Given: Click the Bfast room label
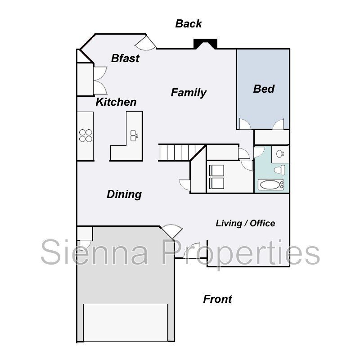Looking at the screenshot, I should (x=125, y=58).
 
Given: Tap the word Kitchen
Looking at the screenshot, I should (x=116, y=102).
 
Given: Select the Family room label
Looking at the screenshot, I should (x=189, y=93).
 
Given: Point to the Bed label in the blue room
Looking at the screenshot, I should (x=264, y=89).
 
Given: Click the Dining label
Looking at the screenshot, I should (x=124, y=194).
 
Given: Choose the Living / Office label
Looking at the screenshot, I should (x=245, y=223).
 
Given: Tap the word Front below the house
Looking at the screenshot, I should (x=217, y=299).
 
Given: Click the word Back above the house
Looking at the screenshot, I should (x=189, y=24).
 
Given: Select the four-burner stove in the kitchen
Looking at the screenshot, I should (x=85, y=135).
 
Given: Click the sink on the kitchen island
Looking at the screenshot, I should (x=134, y=134).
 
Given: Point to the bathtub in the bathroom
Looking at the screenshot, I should (x=271, y=184).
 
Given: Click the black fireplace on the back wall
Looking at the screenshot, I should (x=205, y=44).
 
